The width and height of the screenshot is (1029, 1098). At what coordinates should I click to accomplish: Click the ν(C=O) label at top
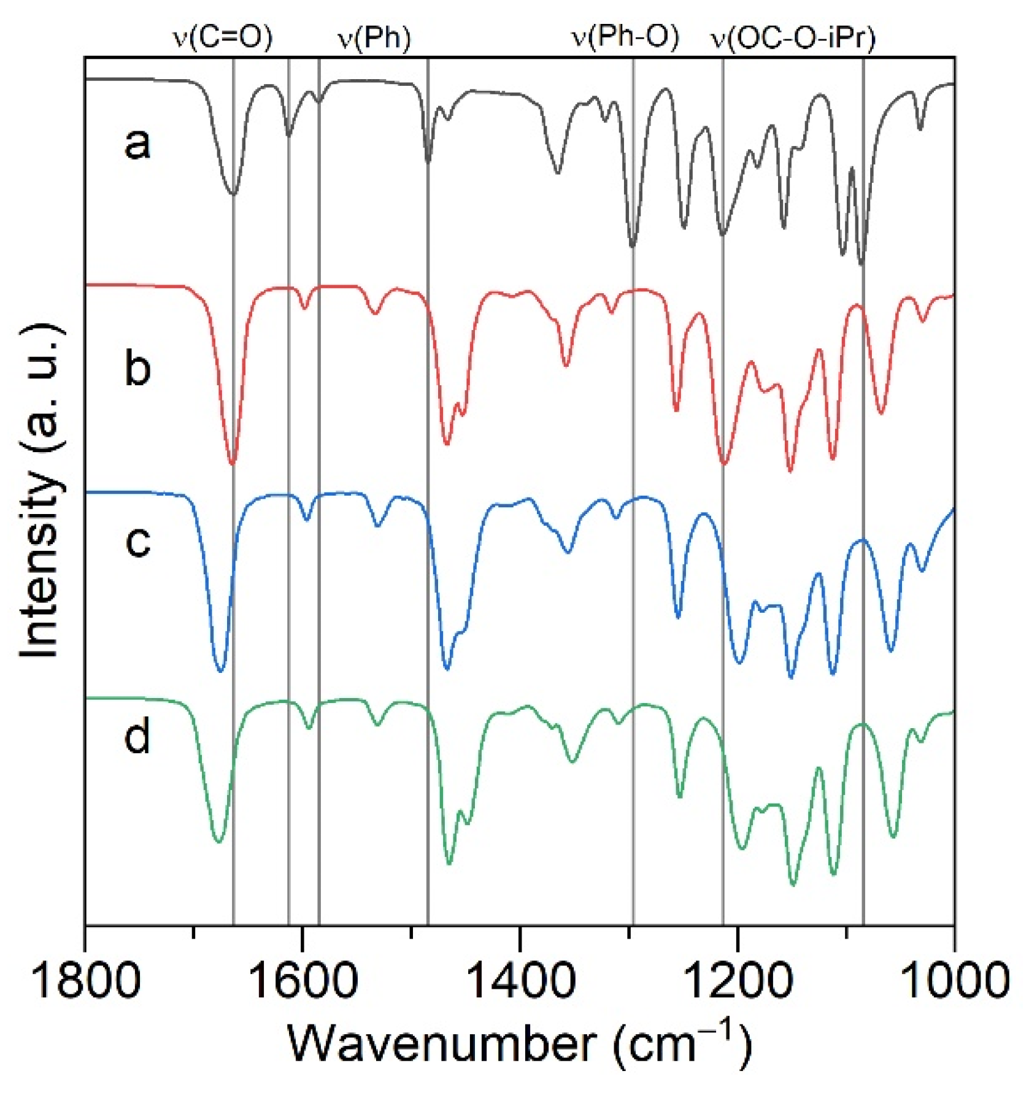222,38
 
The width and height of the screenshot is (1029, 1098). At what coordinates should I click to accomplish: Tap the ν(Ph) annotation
375,38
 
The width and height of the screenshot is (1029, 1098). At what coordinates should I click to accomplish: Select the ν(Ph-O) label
626,38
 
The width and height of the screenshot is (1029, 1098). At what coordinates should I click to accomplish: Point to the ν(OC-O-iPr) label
793,38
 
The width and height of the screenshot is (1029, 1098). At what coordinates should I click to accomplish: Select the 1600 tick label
303,980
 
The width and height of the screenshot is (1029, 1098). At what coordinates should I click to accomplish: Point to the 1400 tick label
520,980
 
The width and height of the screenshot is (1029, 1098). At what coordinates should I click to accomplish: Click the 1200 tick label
738,980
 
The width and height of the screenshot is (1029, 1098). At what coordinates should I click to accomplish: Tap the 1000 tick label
955,980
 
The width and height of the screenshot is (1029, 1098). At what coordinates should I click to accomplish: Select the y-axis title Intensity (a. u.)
42,491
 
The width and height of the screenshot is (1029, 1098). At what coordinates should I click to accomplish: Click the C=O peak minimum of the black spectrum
233,194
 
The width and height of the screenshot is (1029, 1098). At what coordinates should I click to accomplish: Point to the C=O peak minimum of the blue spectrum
221,671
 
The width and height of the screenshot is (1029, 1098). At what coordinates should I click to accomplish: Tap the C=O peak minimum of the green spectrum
219,842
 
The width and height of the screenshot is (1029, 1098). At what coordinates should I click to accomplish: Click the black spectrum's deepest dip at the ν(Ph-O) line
633,246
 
